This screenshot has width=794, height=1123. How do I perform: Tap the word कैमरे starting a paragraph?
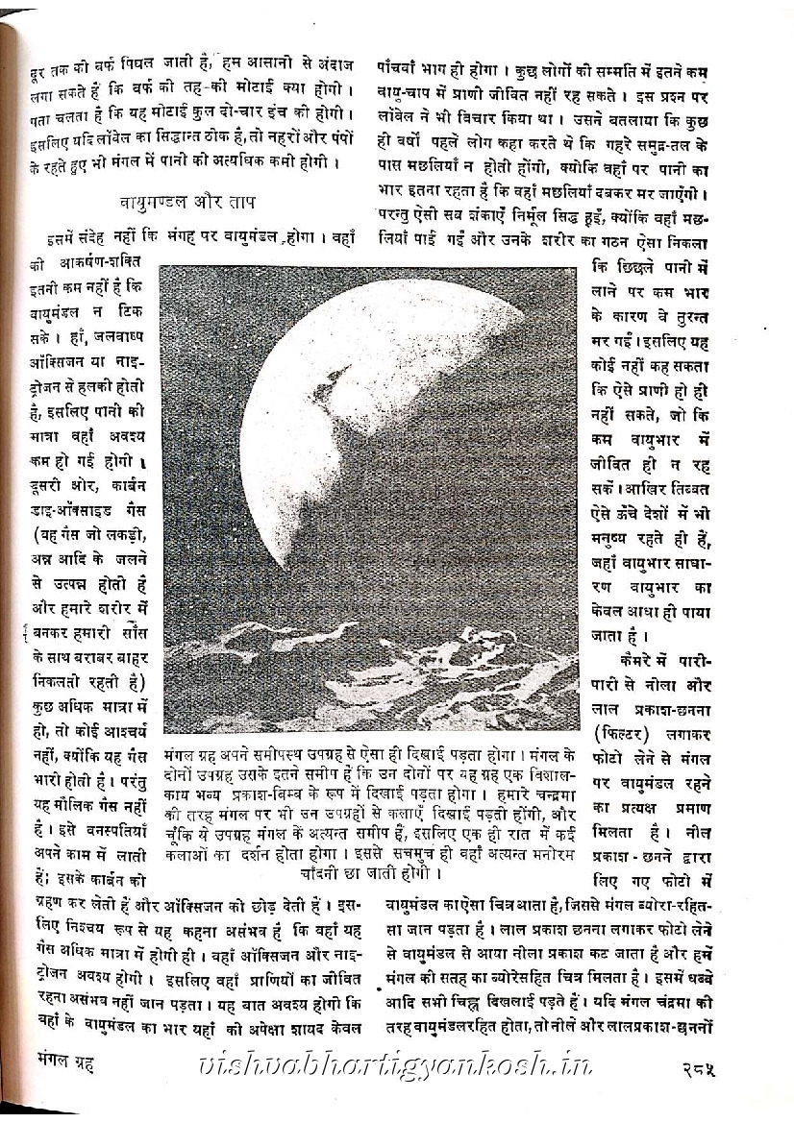(635, 663)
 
